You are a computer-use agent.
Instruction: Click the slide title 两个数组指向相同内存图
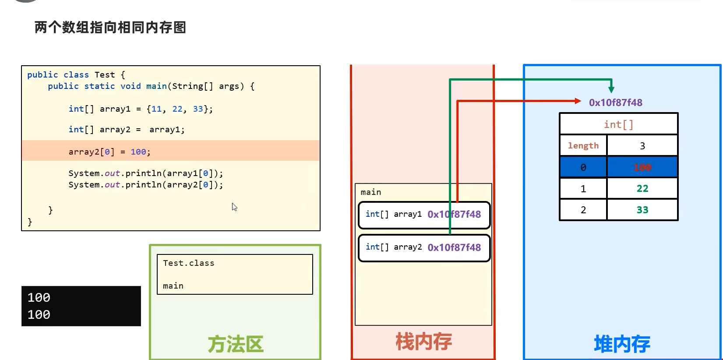[x=110, y=28]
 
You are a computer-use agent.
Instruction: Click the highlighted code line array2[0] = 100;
[x=109, y=152]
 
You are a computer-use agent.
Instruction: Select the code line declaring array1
[x=141, y=109]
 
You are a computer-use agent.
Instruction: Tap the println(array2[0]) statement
[x=145, y=185]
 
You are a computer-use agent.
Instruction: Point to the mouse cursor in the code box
[x=234, y=207]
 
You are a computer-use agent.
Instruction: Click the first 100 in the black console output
[x=39, y=298]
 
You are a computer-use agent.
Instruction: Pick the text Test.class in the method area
[x=189, y=263]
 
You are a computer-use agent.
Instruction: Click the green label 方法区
[x=236, y=344]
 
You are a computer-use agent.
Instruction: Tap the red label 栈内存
[x=423, y=342]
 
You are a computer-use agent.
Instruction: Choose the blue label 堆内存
[x=622, y=344]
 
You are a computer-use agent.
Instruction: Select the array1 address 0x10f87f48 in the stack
[x=454, y=215]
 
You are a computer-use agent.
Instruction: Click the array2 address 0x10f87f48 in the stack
[x=454, y=248]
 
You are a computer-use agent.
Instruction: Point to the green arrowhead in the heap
[x=611, y=89]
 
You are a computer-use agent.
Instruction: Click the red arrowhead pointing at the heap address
[x=578, y=101]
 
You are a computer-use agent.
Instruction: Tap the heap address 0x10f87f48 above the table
[x=615, y=103]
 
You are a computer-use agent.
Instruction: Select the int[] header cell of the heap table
[x=618, y=125]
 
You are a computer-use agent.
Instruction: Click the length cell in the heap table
[x=583, y=146]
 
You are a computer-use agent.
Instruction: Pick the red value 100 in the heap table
[x=642, y=167]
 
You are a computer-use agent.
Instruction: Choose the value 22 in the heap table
[x=642, y=189]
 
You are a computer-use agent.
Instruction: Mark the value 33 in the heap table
[x=642, y=210]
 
